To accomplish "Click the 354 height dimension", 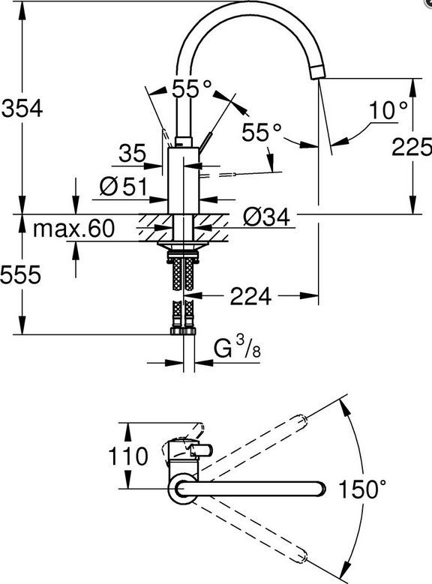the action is [x=22, y=109].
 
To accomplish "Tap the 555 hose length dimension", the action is [x=20, y=275].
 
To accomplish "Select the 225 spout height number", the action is [x=412, y=146].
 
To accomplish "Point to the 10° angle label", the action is [x=388, y=110].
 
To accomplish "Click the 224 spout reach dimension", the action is [x=250, y=296].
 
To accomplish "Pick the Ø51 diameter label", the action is [x=124, y=187].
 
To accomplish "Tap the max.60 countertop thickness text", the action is [x=73, y=229].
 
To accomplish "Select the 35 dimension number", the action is [x=132, y=153].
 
